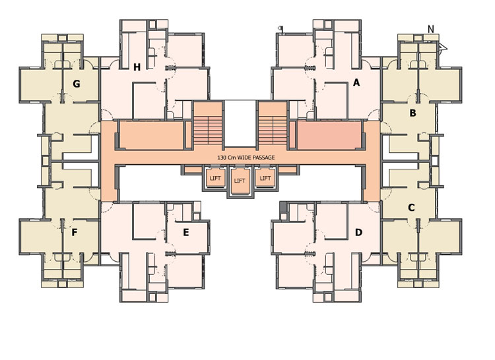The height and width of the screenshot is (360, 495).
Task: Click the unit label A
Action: (356, 82)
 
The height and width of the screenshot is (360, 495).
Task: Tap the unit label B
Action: (412, 113)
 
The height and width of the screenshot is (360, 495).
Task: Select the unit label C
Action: (411, 208)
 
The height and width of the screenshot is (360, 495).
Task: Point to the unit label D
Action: (358, 232)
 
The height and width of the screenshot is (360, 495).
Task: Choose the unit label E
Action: (186, 232)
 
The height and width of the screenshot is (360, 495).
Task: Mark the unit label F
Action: (74, 232)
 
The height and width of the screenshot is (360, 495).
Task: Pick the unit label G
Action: (77, 84)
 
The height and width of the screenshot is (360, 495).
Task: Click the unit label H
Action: (137, 67)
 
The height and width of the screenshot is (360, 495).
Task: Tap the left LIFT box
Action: (215, 178)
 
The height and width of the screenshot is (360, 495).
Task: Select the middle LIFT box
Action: (240, 181)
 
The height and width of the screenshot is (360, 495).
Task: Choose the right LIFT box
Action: (265, 178)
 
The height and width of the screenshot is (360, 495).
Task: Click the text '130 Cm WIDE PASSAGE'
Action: (246, 158)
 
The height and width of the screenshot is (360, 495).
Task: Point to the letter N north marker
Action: (431, 29)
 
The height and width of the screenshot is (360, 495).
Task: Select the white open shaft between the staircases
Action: (240, 124)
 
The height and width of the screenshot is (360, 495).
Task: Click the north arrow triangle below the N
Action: (443, 47)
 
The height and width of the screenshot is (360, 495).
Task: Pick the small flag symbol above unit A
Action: (280, 29)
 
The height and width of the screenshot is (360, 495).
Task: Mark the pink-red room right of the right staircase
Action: (329, 136)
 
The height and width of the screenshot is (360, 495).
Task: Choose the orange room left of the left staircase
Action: (152, 136)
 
